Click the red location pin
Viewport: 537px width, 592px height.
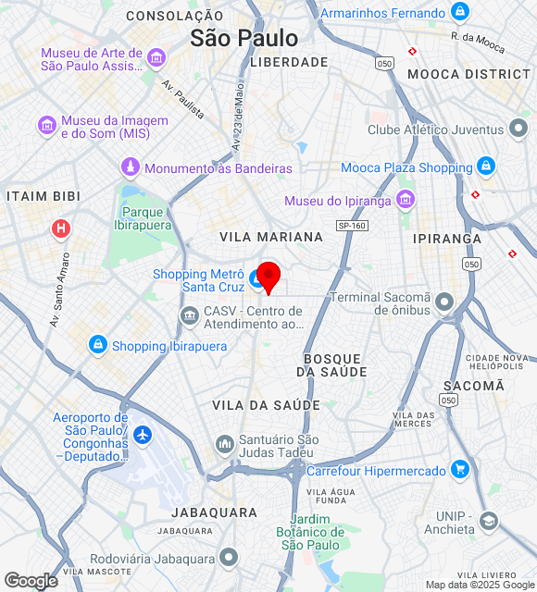click(x=268, y=276)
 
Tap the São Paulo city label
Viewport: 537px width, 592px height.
click(x=244, y=38)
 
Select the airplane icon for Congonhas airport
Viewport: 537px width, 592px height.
click(x=142, y=434)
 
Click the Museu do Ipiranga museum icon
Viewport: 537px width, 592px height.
click(x=405, y=199)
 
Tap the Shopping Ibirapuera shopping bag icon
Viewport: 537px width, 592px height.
click(x=97, y=345)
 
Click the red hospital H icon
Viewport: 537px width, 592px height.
click(x=61, y=228)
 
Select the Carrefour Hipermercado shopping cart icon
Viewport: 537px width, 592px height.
click(x=460, y=470)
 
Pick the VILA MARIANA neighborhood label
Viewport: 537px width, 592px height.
click(x=271, y=237)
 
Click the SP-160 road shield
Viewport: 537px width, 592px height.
click(x=352, y=226)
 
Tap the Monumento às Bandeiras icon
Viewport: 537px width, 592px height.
click(x=131, y=167)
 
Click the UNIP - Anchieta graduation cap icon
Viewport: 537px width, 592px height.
click(x=488, y=523)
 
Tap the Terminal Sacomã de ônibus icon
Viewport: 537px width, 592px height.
click(x=445, y=302)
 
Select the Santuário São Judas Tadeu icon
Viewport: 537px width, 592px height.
click(x=224, y=445)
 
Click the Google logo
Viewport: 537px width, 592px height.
click(x=31, y=580)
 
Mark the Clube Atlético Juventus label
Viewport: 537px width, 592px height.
click(x=435, y=129)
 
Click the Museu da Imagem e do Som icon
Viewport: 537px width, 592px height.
click(x=46, y=125)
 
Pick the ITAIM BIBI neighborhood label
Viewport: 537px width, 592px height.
click(x=44, y=196)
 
